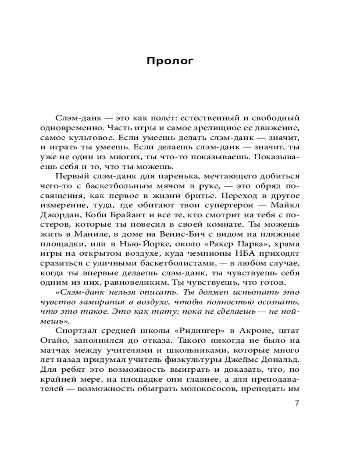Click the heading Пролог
pyautogui.click(x=170, y=61)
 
